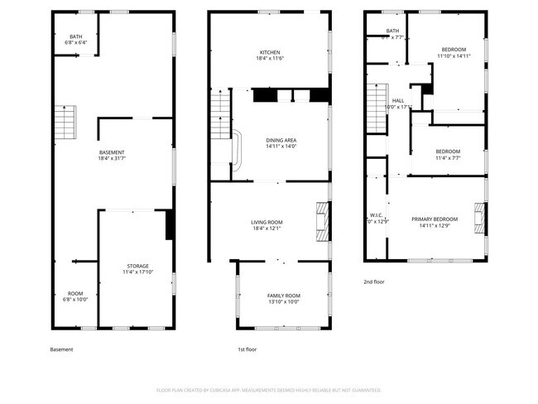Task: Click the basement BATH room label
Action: coord(76,40)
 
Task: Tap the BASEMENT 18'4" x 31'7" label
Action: coord(112,156)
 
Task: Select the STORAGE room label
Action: coord(138,269)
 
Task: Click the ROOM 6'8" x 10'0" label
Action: coord(75,296)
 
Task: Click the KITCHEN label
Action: coord(270,55)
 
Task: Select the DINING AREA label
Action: coord(281,144)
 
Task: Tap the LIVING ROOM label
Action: coord(267,225)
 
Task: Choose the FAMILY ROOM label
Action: coord(283,299)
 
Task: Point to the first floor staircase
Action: coord(220,116)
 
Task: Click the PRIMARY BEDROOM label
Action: coord(435,221)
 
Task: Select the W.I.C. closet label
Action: coord(377,218)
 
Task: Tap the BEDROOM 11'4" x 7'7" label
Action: coord(448,155)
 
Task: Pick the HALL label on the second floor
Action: coord(398,103)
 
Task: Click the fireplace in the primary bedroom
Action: coord(479,218)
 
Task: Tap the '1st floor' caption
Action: coord(247,350)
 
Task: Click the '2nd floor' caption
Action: coord(374,281)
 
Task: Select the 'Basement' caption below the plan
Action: coord(61,350)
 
